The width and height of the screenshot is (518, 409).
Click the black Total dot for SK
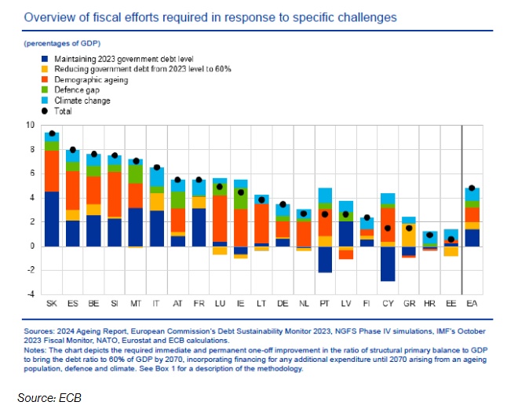click(52, 134)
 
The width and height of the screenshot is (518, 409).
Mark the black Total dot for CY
click(388, 228)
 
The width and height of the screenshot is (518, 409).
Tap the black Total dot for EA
click(472, 188)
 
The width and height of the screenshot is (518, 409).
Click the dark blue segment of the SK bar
click(52, 219)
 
